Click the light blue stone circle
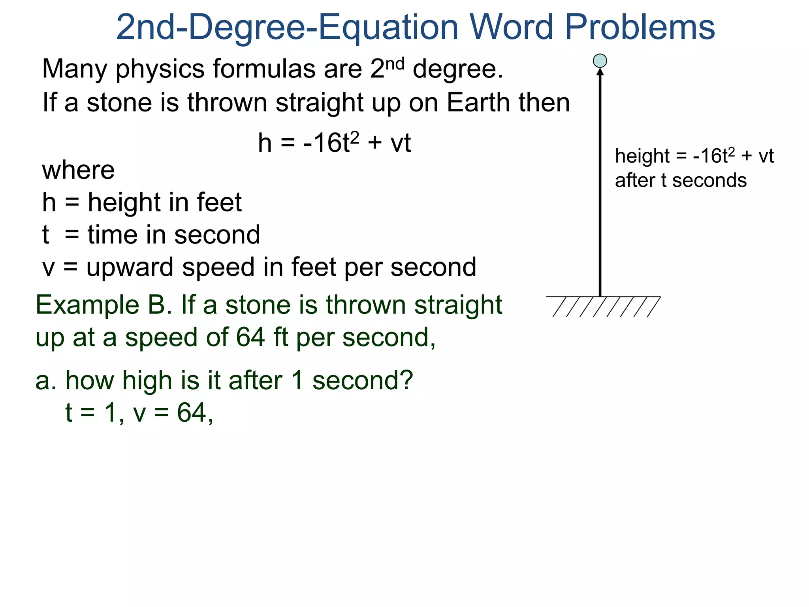[600, 61]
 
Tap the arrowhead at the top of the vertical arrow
[600, 72]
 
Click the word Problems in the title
[640, 28]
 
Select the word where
[78, 171]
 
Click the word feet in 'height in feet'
[219, 202]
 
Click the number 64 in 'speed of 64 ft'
[250, 337]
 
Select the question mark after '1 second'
[405, 380]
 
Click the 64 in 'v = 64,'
[192, 413]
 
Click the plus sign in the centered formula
[374, 143]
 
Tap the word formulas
[264, 69]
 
